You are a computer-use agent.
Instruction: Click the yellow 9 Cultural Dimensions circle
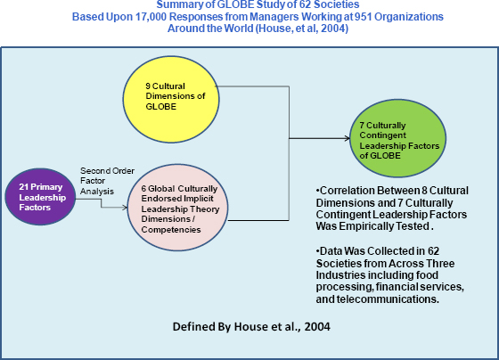(x=171, y=99)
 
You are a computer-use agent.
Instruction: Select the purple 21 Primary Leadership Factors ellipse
(x=40, y=197)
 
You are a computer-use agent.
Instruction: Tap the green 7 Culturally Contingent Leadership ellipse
(x=397, y=138)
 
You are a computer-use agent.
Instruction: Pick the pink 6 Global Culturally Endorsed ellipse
(x=177, y=208)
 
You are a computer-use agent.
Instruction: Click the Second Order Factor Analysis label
(x=107, y=181)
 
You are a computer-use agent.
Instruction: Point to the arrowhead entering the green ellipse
(x=347, y=138)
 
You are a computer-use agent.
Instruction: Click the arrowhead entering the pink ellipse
(x=125, y=208)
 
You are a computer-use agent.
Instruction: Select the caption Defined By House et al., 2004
(x=251, y=326)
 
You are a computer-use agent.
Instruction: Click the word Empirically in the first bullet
(x=367, y=226)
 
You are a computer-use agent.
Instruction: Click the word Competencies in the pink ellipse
(x=171, y=230)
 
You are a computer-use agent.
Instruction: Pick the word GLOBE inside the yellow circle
(x=160, y=107)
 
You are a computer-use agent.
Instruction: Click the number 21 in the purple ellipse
(x=24, y=187)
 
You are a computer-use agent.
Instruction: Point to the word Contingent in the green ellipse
(x=383, y=135)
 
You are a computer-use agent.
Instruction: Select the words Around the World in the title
(x=210, y=29)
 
